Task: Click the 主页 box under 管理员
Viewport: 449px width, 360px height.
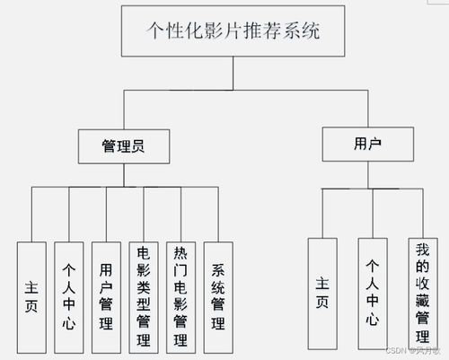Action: point(31,295)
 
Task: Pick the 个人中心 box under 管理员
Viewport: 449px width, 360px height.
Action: point(68,295)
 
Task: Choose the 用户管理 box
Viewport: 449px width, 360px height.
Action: point(106,295)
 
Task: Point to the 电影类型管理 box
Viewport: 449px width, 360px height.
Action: point(144,295)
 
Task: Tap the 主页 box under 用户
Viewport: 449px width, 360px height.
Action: point(322,293)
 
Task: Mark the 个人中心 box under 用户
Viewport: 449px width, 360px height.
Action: point(373,293)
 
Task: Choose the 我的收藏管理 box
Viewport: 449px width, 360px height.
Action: point(422,293)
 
